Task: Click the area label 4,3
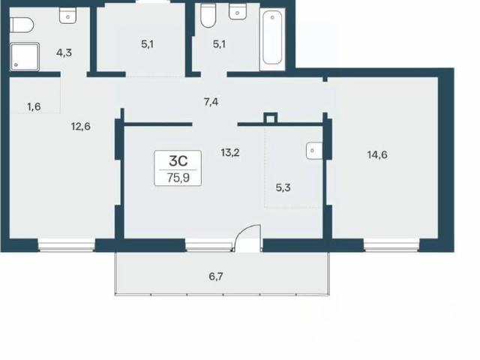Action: click(x=64, y=52)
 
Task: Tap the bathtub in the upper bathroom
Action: click(x=272, y=38)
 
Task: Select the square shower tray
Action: click(x=25, y=57)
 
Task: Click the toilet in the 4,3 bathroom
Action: click(x=21, y=25)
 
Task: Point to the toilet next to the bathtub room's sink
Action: click(x=208, y=16)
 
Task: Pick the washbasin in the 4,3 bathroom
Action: click(x=67, y=15)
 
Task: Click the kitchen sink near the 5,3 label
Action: click(x=314, y=151)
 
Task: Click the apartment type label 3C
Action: click(x=178, y=161)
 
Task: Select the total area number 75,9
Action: click(x=178, y=178)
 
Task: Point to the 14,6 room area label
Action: click(x=377, y=155)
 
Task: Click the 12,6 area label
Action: click(x=81, y=126)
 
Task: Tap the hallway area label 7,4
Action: click(x=211, y=102)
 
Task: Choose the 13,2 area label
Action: click(x=230, y=152)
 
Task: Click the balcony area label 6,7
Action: click(x=216, y=277)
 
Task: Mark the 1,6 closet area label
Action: click(x=34, y=106)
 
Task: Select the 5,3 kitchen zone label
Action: click(x=283, y=187)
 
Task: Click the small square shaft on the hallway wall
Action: click(x=270, y=118)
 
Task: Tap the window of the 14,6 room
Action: click(x=391, y=245)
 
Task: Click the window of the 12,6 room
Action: click(x=67, y=245)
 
